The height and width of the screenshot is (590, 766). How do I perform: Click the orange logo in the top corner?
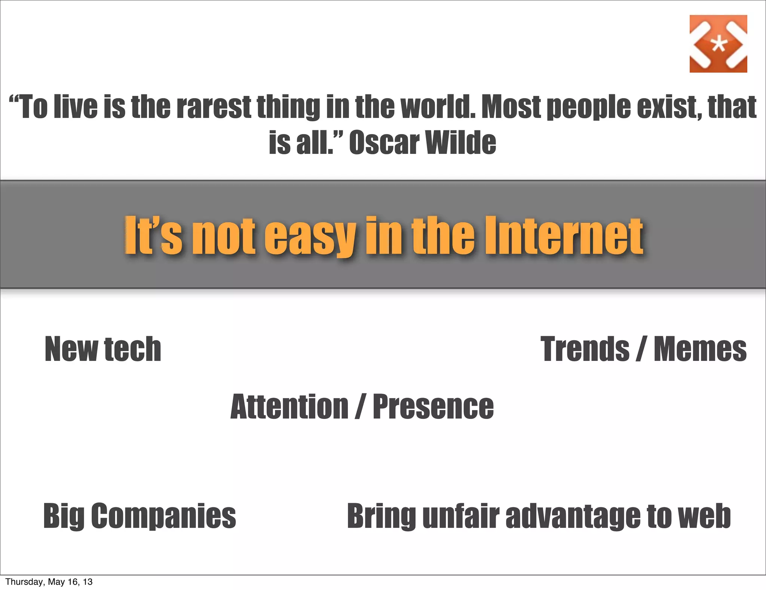pyautogui.click(x=718, y=44)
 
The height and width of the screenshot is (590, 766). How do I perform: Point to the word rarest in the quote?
pyautogui.click(x=214, y=107)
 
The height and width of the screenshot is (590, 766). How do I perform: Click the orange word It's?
pyautogui.click(x=153, y=235)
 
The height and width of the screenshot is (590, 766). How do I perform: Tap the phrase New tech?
pyautogui.click(x=103, y=349)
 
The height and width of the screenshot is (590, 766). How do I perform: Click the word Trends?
pyautogui.click(x=585, y=349)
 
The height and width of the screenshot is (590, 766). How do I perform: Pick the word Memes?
pyautogui.click(x=700, y=349)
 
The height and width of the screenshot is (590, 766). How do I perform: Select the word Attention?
pyautogui.click(x=289, y=407)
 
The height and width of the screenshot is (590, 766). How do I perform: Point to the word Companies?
pyautogui.click(x=163, y=516)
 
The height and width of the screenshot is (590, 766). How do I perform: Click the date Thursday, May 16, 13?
pyautogui.click(x=49, y=582)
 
